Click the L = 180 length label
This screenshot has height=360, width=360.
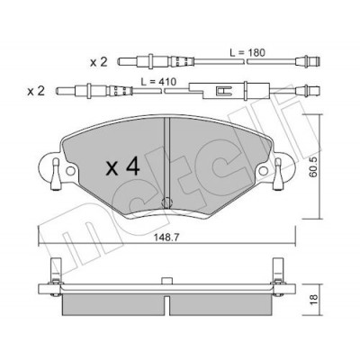pos(247,53)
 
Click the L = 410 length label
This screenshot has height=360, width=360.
pos(158,81)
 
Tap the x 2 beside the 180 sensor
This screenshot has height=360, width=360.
pos(99,62)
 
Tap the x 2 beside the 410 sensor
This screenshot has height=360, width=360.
pos(36,91)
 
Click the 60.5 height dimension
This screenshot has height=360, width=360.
pos(313,171)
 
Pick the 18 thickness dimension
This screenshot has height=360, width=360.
pos(313,299)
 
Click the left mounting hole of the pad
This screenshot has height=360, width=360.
pos(70,171)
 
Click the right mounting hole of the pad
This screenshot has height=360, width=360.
pos(264,171)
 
